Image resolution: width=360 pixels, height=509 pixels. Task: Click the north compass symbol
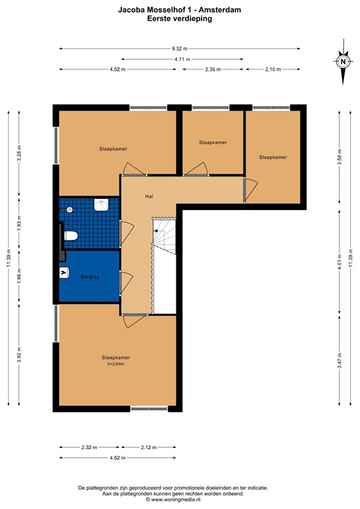tap(343, 62)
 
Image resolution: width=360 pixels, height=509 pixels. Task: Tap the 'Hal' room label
tap(150, 197)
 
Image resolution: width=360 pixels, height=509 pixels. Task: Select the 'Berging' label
tap(90, 277)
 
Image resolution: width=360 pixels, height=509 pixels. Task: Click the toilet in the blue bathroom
tap(71, 235)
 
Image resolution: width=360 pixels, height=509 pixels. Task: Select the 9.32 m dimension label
tap(179, 48)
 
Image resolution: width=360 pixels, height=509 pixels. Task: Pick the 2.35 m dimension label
tap(213, 69)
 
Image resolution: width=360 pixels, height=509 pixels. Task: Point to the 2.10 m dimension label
tap(272, 69)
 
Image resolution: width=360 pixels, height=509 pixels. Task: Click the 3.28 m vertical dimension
tap(19, 154)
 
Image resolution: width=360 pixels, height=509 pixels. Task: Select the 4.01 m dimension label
tap(339, 272)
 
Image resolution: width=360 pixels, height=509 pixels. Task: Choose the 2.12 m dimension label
tap(149, 448)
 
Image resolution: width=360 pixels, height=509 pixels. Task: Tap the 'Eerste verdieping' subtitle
tap(180, 20)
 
